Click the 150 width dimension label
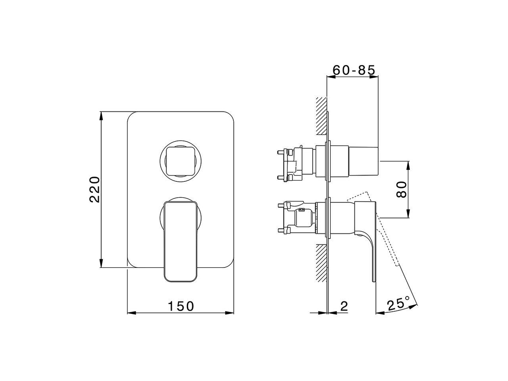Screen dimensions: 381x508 pyautogui.click(x=181, y=306)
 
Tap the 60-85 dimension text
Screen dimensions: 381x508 pyautogui.click(x=354, y=70)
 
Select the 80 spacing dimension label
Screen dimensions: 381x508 pyautogui.click(x=402, y=189)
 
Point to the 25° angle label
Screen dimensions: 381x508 pyautogui.click(x=398, y=304)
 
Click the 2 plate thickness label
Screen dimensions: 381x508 pyautogui.click(x=344, y=306)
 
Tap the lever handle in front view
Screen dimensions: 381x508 pyautogui.click(x=181, y=242)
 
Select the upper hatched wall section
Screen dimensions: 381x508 pyautogui.click(x=321, y=115)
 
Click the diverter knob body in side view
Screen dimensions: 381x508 pyautogui.click(x=363, y=161)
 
